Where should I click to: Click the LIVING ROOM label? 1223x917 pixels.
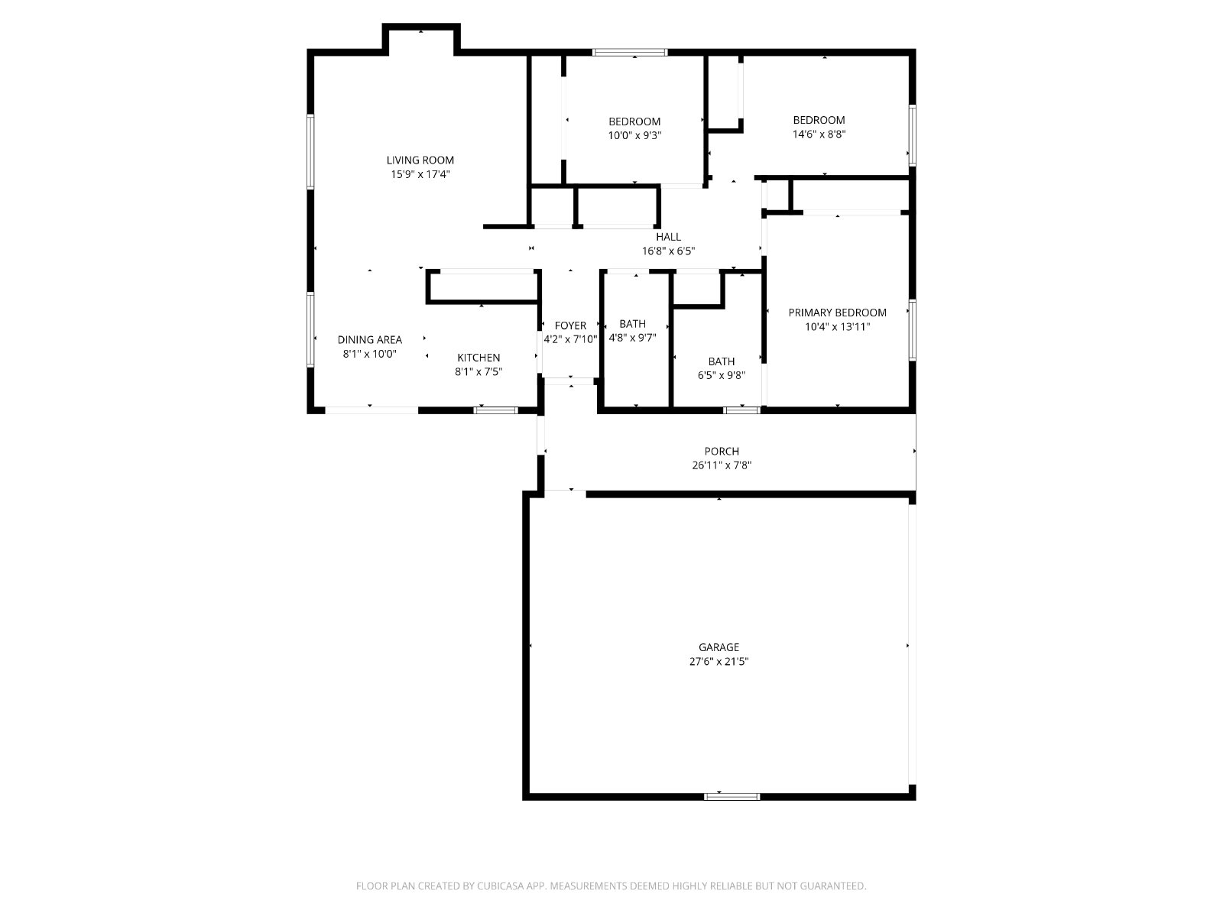[420, 160]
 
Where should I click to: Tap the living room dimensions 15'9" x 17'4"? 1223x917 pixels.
[420, 174]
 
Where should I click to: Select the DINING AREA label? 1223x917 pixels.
[369, 339]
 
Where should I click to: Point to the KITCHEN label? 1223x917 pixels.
[478, 358]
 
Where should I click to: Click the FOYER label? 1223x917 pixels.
[570, 326]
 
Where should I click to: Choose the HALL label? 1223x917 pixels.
[668, 237]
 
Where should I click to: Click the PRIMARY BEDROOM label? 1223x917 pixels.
[837, 313]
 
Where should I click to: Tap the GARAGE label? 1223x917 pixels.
[719, 647]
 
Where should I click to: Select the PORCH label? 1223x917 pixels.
[722, 452]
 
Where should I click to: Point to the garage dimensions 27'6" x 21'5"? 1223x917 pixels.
[719, 662]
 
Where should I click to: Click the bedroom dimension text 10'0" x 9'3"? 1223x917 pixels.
[634, 135]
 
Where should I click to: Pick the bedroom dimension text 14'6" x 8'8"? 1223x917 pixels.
[819, 134]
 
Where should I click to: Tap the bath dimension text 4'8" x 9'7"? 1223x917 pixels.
[632, 338]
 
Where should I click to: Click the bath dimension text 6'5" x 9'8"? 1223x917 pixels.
[722, 375]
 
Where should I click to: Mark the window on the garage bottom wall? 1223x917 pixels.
[732, 797]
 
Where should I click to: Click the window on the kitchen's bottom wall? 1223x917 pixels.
[495, 410]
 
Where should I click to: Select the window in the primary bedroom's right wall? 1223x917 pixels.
[912, 330]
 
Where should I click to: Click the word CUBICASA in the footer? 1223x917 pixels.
[501, 886]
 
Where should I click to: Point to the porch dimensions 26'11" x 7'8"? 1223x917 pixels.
[722, 465]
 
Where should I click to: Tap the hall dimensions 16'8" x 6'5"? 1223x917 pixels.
[668, 251]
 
